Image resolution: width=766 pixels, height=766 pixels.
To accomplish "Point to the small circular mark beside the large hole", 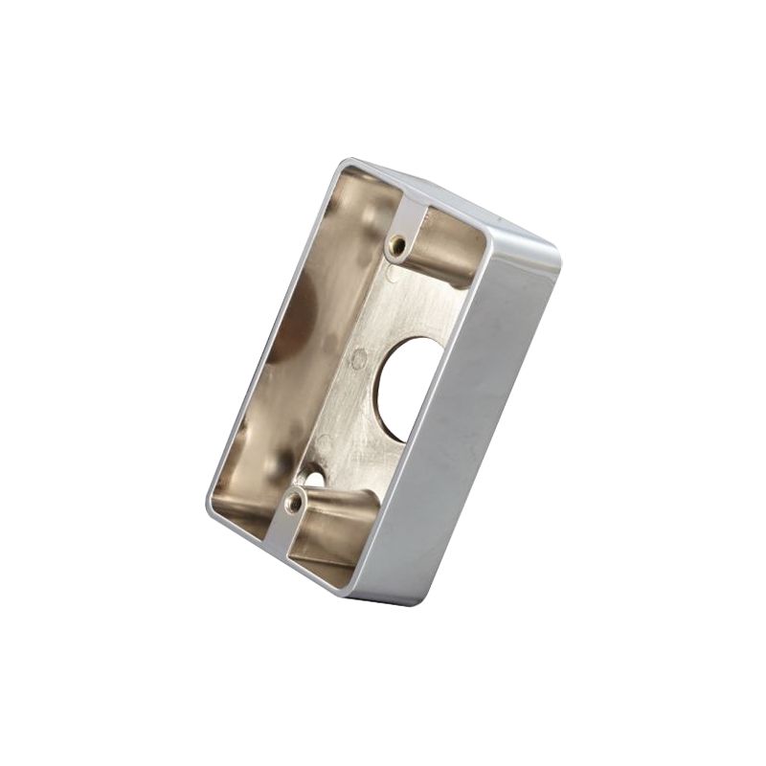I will pos(359,360).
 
